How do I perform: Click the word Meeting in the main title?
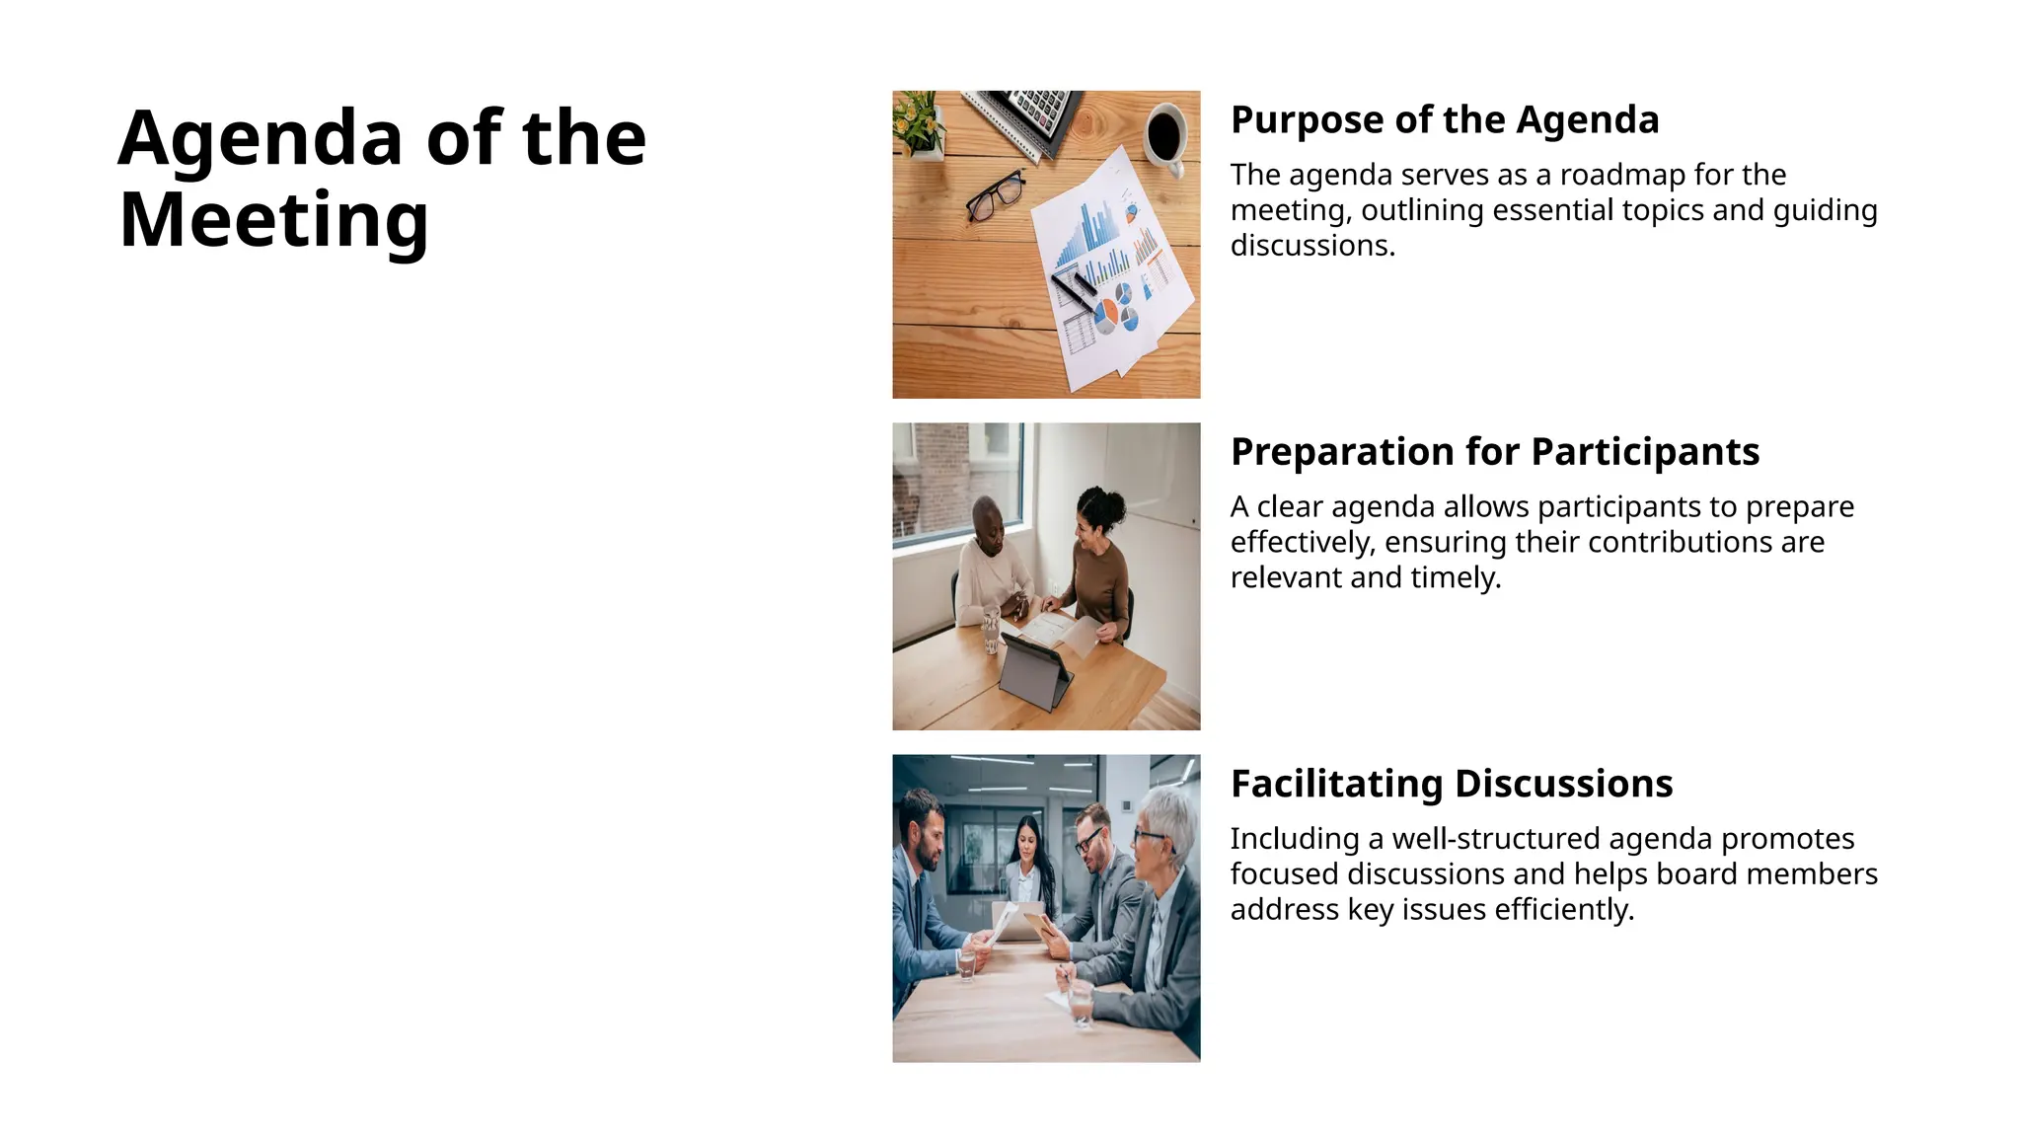[273, 220]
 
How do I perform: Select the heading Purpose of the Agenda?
[1444, 120]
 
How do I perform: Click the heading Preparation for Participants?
[1494, 452]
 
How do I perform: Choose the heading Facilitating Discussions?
[1451, 784]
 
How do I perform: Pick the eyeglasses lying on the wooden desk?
[995, 194]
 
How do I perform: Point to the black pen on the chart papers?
[1074, 288]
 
